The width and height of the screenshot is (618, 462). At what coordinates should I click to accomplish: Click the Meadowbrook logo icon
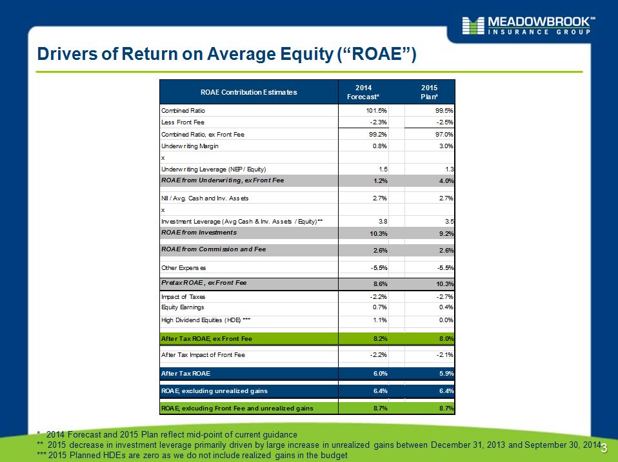(473, 26)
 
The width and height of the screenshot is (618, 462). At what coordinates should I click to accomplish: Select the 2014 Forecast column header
(363, 92)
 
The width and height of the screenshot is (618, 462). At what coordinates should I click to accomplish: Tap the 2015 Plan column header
(429, 92)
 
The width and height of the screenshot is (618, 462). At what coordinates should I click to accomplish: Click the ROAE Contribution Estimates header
(249, 92)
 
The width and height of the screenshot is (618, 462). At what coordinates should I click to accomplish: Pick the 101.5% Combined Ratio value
(376, 111)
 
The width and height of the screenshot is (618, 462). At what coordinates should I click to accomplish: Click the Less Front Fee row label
(183, 122)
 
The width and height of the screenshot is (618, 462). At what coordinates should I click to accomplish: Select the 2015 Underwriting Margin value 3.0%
(446, 146)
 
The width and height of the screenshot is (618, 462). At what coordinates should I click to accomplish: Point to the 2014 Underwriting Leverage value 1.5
(383, 169)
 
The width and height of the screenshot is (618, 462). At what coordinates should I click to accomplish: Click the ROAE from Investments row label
(199, 233)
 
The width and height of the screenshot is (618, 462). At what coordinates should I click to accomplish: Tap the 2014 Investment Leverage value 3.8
(383, 222)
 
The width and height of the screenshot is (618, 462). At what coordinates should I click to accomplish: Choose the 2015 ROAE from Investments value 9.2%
(446, 233)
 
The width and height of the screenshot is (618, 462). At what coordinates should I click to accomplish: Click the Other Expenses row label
(184, 268)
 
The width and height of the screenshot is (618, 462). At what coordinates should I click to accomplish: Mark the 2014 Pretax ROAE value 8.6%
(381, 284)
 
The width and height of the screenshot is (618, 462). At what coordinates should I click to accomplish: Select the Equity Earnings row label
(183, 307)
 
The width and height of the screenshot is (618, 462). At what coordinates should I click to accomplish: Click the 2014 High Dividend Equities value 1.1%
(381, 320)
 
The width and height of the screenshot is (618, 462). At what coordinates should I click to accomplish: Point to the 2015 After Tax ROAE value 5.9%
(446, 374)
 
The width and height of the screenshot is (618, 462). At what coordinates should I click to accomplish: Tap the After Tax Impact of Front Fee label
(203, 355)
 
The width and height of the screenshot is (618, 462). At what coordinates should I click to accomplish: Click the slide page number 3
(604, 448)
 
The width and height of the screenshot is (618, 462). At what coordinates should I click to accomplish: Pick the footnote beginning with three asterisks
(192, 456)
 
